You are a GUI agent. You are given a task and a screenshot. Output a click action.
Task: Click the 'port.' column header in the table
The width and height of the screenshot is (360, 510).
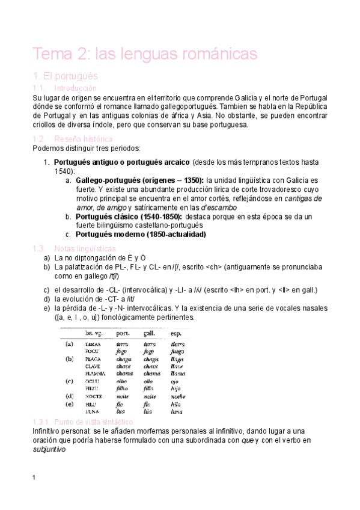point(124,333)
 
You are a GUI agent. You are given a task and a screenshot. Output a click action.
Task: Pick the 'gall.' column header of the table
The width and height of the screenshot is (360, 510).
point(150,333)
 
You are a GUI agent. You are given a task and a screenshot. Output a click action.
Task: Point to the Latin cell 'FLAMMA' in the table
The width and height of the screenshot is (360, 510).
point(97,373)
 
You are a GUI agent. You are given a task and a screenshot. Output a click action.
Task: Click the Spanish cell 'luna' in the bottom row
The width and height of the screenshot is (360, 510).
point(177,412)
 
